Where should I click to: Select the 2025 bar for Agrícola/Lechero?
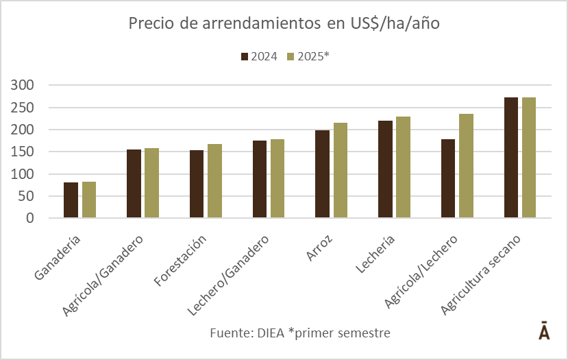[x=466, y=166]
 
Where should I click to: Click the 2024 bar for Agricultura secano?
[x=511, y=158]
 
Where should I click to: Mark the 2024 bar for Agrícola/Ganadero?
[x=134, y=184]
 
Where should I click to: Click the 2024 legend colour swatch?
[x=245, y=56]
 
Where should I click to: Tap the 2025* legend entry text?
[x=312, y=56]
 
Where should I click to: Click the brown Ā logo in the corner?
[x=543, y=331]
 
